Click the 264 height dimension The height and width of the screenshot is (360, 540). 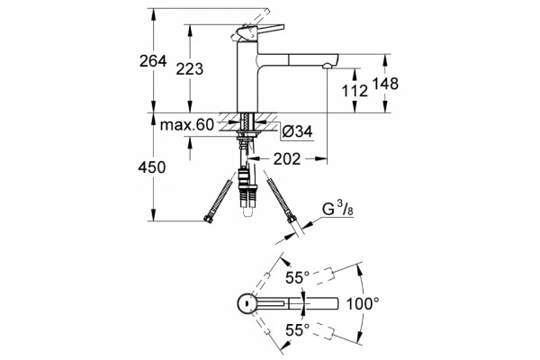(x=153, y=61)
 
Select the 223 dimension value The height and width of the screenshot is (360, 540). (x=189, y=69)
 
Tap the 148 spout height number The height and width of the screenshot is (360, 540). (x=385, y=84)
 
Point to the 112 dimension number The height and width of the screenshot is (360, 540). (x=355, y=91)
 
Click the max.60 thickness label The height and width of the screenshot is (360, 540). (x=187, y=125)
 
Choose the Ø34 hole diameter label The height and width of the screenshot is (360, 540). (x=297, y=131)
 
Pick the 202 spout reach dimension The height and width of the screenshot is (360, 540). (x=287, y=158)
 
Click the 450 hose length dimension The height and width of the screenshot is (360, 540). (x=152, y=167)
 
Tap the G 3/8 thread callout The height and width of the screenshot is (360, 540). (x=337, y=209)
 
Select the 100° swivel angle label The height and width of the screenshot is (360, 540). (x=363, y=304)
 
